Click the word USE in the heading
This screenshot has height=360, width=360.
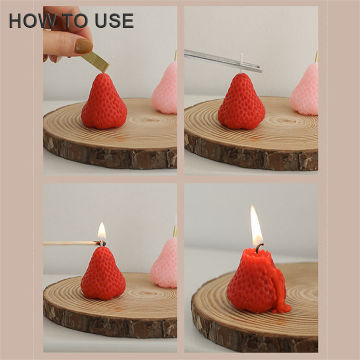(x=114, y=21)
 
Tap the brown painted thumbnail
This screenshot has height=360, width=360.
(x=83, y=46)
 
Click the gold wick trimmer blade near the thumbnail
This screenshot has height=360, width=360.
(x=95, y=61)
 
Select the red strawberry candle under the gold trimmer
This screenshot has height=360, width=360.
(x=104, y=101)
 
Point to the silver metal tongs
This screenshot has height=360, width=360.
(x=223, y=61)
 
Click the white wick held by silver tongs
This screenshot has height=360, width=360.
(x=242, y=63)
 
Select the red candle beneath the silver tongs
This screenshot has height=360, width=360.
(x=241, y=101)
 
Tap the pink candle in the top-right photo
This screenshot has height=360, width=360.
(x=305, y=89)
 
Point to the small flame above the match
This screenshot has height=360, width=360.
(x=102, y=231)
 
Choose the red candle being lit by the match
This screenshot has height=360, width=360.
(x=103, y=273)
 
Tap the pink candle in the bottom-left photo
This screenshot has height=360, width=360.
(x=164, y=263)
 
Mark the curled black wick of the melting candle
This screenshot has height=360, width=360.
(x=259, y=248)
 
